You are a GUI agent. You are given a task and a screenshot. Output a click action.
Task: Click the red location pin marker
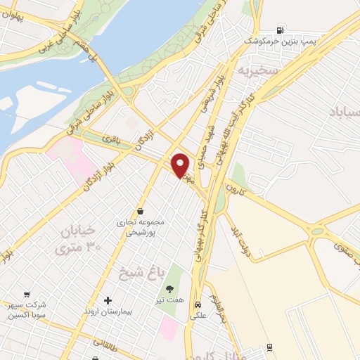[x=181, y=165]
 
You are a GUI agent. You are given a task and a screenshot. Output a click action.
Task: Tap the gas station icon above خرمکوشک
[x=281, y=30]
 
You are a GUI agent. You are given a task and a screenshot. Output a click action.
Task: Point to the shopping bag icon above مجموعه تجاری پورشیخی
[x=141, y=210]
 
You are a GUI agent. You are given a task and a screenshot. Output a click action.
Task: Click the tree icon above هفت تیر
[x=169, y=288]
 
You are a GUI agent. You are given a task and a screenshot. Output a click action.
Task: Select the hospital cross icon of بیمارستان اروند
[x=107, y=300]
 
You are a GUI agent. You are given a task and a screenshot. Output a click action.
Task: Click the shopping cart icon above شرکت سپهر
[x=27, y=295]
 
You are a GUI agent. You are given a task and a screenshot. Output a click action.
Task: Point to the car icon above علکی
[x=199, y=305]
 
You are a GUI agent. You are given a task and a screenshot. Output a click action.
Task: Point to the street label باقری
[x=111, y=139]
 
